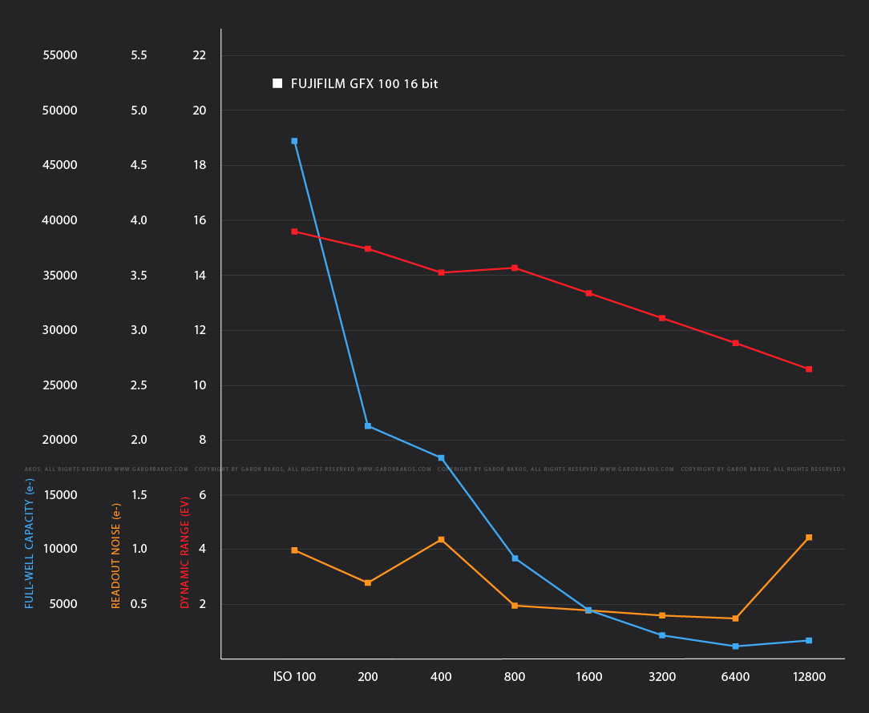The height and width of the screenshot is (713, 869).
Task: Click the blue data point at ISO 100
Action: pos(294,141)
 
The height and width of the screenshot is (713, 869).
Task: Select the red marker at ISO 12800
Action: pos(809,369)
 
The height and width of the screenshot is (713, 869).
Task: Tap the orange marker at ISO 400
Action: pos(441,540)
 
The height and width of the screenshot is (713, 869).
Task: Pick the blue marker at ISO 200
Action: pos(368,426)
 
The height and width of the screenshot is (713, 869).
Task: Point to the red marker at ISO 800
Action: pos(515,268)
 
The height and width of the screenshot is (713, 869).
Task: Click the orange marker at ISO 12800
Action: pos(809,538)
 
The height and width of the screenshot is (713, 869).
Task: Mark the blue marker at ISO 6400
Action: pos(735,647)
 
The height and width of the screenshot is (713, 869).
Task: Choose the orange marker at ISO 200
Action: pos(368,583)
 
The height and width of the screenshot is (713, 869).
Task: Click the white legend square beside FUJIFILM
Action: pos(277,83)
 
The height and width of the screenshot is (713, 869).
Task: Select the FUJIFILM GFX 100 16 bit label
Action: pos(364,83)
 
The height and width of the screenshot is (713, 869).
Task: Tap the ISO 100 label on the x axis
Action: pos(294,677)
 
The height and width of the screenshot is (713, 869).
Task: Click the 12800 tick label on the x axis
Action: pos(809,677)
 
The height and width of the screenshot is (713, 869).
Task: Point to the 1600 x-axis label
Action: pos(588,677)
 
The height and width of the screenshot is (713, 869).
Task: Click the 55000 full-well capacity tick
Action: pos(60,55)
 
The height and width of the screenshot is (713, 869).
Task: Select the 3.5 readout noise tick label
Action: pos(139,276)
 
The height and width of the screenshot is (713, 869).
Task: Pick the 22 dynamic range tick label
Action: pos(200,55)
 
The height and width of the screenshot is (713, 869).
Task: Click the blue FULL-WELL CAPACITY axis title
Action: pos(30,542)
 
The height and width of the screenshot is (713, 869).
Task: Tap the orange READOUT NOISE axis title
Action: pos(116,555)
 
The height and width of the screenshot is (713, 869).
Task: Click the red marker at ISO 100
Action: pos(294,232)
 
